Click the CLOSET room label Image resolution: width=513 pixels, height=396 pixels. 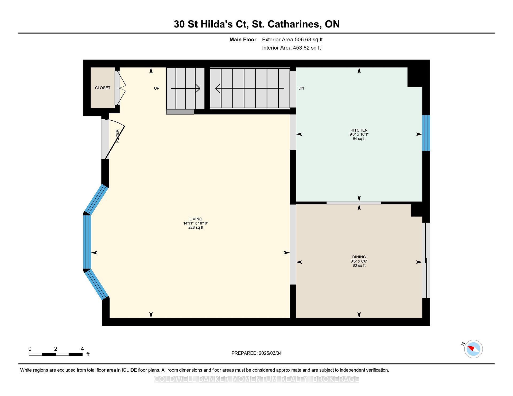point(103,88)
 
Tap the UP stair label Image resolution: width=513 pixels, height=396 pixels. point(157,88)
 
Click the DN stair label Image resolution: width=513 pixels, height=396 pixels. point(301,88)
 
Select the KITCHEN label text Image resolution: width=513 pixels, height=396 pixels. point(359,130)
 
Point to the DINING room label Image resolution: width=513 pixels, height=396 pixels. point(359,257)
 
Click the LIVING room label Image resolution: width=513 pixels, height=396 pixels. point(196,219)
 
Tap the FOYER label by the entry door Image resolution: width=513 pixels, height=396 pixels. point(118,136)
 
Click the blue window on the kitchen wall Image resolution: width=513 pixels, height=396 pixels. point(426,133)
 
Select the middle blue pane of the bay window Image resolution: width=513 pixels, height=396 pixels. point(87,242)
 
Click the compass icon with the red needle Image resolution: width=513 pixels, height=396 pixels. point(473,349)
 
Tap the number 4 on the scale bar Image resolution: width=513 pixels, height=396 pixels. point(82,349)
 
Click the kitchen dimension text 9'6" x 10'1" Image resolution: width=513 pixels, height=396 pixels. point(359,134)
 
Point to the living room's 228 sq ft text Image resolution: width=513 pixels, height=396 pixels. point(196,228)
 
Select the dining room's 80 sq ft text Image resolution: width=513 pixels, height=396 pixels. point(359,266)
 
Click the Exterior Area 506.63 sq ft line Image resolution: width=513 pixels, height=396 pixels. point(292,39)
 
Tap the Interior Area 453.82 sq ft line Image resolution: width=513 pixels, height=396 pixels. point(292,48)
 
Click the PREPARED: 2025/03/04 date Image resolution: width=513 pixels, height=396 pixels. point(256,353)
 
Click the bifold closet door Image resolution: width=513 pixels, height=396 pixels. point(120,88)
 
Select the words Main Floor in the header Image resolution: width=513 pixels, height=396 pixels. point(243,39)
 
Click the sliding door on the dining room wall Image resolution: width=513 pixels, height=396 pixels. point(426,260)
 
